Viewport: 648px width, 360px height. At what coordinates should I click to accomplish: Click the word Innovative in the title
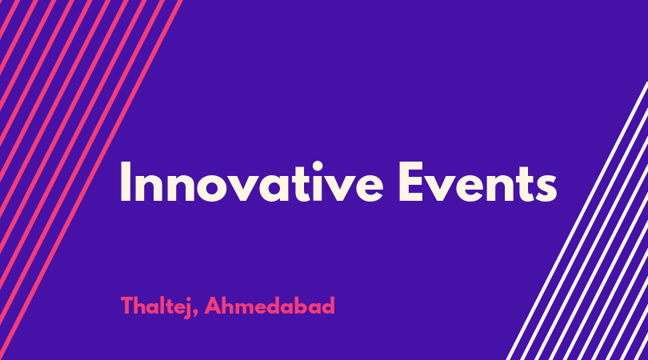pos(252,182)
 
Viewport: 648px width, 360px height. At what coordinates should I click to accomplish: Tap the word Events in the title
pos(478,182)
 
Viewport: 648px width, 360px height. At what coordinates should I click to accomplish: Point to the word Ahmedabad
pos(270,306)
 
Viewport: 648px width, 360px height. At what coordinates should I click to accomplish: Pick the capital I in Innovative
pos(126,182)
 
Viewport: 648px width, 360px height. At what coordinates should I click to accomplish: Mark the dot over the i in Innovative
pos(318,166)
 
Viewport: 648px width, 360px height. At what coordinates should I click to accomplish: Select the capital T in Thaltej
pos(128,306)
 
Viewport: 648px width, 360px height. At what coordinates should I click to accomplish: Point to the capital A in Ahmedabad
pos(214,306)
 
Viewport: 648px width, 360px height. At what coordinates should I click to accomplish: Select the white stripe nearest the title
pos(577,221)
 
